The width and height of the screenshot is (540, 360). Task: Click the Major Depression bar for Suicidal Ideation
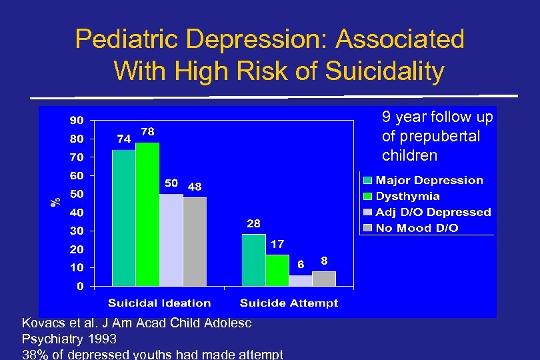tap(123, 218)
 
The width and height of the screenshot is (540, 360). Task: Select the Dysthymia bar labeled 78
tap(147, 215)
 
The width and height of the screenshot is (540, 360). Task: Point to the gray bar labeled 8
tap(324, 279)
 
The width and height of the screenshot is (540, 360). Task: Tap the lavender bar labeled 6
tap(301, 281)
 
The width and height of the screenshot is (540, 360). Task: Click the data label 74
tap(123, 139)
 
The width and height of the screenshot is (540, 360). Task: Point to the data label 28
tap(253, 223)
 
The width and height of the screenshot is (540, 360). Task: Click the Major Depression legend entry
tap(429, 180)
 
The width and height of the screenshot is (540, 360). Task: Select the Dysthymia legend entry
tap(407, 196)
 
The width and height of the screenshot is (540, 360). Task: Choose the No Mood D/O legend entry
tap(417, 228)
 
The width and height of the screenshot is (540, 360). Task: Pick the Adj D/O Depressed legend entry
tap(433, 212)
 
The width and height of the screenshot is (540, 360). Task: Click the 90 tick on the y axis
tap(77, 121)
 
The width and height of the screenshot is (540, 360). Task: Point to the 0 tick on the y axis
tap(80, 287)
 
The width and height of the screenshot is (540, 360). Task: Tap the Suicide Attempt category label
tap(289, 303)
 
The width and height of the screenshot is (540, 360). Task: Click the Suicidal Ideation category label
tap(159, 303)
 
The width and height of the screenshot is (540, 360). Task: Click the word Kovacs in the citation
tap(43, 323)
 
